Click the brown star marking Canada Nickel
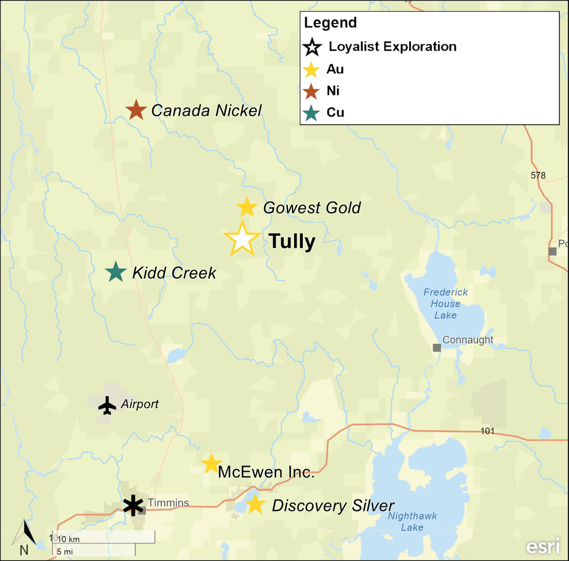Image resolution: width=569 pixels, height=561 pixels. (136, 110)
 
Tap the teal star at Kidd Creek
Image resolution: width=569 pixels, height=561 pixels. (116, 272)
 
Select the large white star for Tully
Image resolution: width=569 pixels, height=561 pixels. (242, 239)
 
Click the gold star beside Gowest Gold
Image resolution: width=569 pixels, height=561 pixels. (246, 207)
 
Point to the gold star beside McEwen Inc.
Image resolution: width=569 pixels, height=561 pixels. (211, 464)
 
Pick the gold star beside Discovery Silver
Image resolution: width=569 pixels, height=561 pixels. (254, 504)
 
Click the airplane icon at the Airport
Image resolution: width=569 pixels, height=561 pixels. (107, 405)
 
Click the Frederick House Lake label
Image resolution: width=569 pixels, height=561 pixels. (446, 304)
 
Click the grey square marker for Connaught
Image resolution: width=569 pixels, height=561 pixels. (437, 347)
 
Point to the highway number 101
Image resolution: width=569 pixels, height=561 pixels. (487, 431)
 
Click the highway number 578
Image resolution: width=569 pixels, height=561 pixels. (538, 175)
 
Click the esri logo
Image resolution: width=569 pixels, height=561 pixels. (542, 546)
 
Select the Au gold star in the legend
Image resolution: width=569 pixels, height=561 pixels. (311, 70)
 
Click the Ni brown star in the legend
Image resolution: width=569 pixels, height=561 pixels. (311, 91)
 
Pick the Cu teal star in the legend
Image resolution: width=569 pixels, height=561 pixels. (311, 113)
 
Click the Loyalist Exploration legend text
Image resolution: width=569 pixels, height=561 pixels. (393, 47)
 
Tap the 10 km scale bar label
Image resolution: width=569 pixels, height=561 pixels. (68, 538)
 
